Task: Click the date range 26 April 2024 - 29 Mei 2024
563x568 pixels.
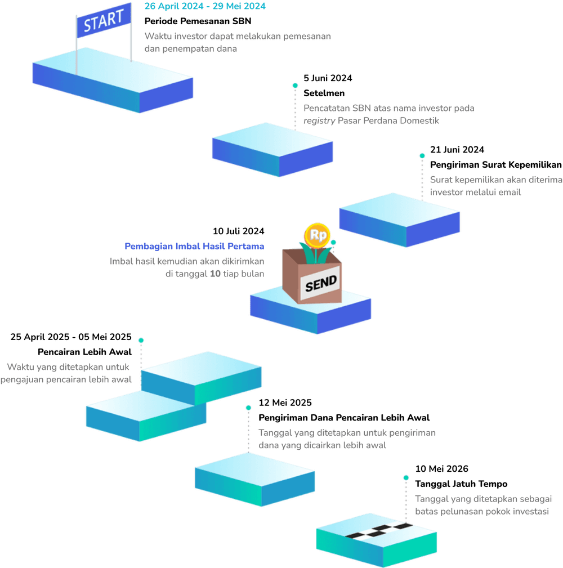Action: (205, 7)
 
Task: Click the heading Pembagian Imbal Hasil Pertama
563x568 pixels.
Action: (194, 247)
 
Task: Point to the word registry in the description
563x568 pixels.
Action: (319, 121)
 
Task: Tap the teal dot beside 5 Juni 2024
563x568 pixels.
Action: (295, 86)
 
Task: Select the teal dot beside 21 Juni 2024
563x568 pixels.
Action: (422, 156)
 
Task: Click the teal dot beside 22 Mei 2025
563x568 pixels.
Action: (248, 408)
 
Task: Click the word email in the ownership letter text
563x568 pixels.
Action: (510, 192)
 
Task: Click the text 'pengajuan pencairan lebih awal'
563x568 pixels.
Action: (69, 379)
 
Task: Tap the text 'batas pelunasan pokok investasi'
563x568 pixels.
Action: (482, 511)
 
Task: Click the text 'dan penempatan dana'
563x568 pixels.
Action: (191, 49)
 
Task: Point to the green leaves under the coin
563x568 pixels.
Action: (311, 253)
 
